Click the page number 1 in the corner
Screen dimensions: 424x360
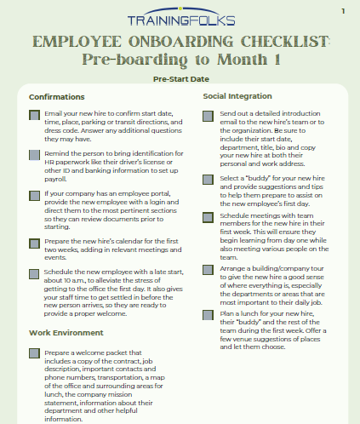pos(342,11)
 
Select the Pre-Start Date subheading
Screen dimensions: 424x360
pos(180,78)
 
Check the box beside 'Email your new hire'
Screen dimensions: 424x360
pos(33,114)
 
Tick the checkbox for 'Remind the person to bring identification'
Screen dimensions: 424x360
pos(33,154)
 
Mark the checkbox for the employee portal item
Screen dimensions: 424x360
pos(33,195)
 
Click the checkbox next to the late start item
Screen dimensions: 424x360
pos(33,274)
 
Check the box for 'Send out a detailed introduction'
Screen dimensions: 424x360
pos(209,114)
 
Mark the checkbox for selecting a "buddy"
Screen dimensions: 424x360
pos(209,180)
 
